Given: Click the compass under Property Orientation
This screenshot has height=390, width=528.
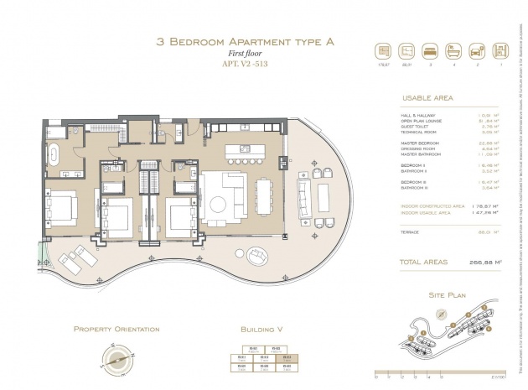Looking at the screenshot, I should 116,357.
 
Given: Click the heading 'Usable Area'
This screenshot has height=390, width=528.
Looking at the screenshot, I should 427,98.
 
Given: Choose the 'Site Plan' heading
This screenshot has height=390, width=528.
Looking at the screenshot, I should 447,296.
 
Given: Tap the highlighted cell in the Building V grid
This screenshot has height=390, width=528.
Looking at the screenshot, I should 287,356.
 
